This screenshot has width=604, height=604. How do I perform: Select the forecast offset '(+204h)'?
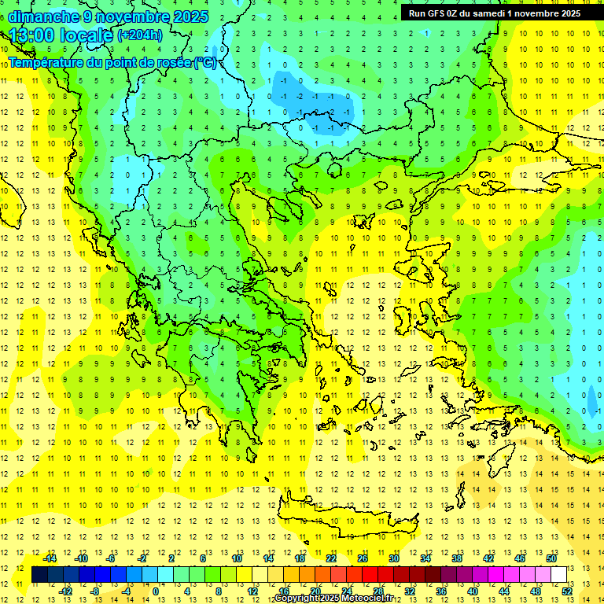[140, 35]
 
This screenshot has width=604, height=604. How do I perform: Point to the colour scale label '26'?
[363, 558]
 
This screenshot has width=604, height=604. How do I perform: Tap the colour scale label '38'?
[457, 558]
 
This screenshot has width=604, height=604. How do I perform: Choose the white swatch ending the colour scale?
[559, 575]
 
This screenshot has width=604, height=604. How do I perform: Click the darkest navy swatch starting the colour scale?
[40, 575]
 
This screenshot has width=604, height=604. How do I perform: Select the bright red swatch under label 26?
[370, 575]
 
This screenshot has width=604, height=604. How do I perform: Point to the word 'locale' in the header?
[86, 35]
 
